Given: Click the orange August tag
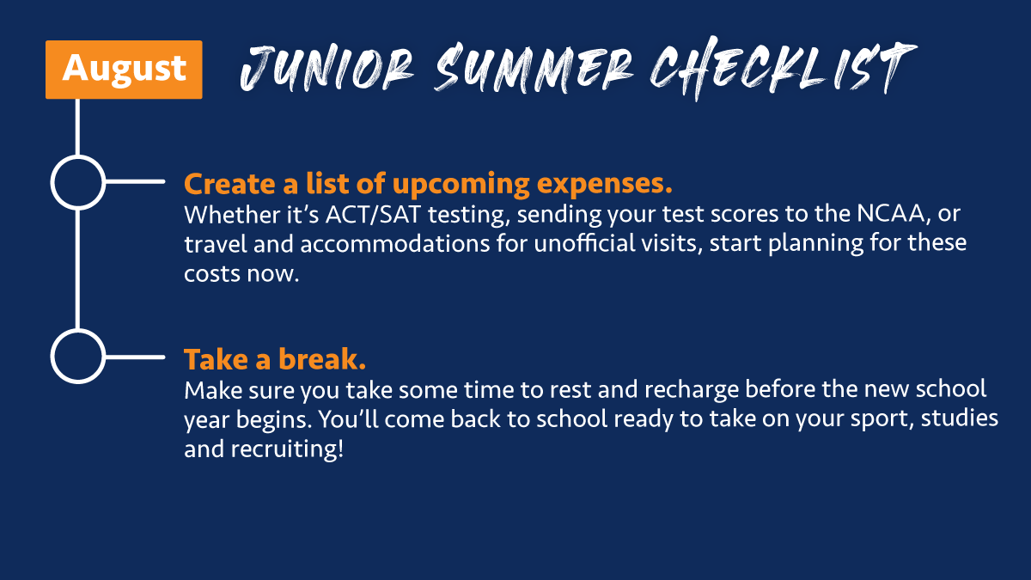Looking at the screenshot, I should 124,69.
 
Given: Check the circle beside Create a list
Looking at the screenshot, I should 78,182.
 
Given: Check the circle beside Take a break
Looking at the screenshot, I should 78,356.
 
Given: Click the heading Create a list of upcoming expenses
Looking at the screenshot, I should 427,184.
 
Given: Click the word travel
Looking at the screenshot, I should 207,242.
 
